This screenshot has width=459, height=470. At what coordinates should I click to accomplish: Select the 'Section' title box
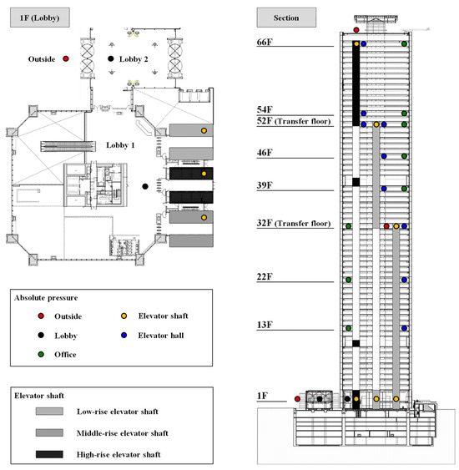[285, 17]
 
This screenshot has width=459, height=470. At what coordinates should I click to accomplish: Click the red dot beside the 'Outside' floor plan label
[65, 59]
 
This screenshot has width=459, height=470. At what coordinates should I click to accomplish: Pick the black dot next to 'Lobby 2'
[111, 59]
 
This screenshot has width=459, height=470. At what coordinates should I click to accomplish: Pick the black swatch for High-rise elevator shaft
[56, 453]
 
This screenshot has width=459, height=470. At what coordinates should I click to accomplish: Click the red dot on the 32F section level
[386, 226]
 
